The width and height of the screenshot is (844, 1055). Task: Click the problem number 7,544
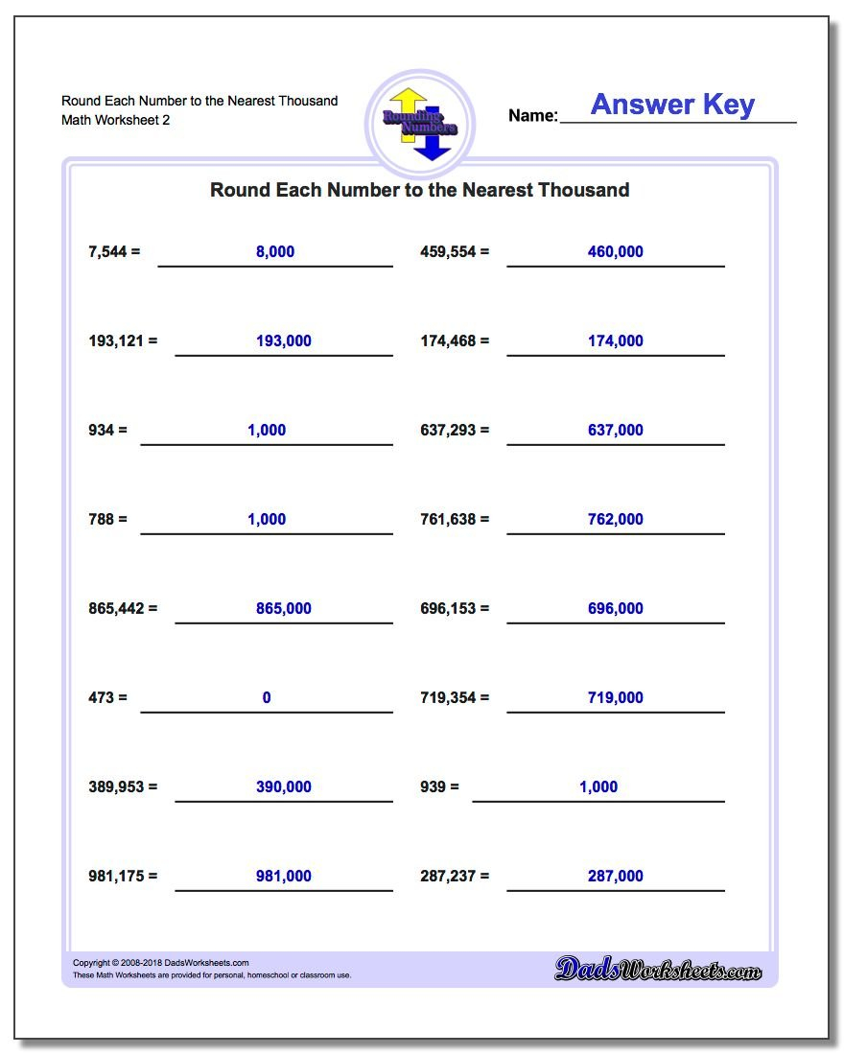(x=107, y=252)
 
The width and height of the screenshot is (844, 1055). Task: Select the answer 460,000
(x=615, y=252)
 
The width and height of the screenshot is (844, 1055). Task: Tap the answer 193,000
(x=284, y=341)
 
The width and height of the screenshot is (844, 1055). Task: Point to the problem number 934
(x=102, y=431)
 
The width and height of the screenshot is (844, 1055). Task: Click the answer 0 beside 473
(x=267, y=698)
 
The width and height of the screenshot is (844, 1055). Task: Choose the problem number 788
(x=102, y=520)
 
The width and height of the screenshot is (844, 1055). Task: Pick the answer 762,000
(x=615, y=520)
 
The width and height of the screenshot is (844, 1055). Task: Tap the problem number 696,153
(x=448, y=609)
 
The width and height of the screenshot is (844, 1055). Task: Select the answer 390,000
(x=284, y=787)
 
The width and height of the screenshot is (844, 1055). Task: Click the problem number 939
(x=434, y=787)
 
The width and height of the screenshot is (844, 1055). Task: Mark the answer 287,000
(x=615, y=877)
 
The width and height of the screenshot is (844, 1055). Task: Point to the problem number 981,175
(x=116, y=877)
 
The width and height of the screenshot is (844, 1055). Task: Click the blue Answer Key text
(x=672, y=105)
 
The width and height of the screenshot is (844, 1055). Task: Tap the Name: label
(x=532, y=116)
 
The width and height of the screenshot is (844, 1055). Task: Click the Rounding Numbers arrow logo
(x=420, y=122)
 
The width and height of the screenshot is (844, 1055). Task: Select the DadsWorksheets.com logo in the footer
(x=658, y=970)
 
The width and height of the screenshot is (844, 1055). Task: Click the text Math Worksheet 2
(x=115, y=121)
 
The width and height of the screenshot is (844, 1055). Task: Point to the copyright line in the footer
(x=161, y=963)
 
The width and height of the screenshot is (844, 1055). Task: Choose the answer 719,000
(x=615, y=698)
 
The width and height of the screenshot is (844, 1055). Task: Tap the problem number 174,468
(x=448, y=341)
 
